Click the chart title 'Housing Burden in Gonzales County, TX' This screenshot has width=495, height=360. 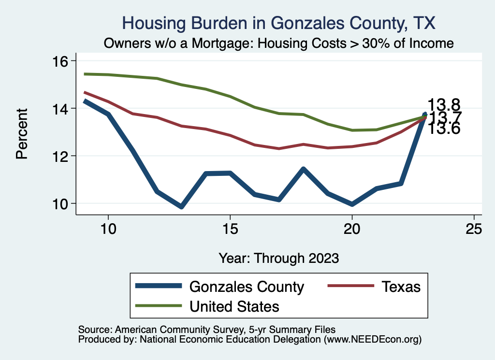click(279, 23)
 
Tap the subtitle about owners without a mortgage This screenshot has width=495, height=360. click(279, 43)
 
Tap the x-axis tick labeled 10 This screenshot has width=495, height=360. click(108, 229)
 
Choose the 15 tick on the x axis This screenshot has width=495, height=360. click(230, 229)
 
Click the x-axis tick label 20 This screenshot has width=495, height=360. click(352, 229)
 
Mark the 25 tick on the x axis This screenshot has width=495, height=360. click(474, 229)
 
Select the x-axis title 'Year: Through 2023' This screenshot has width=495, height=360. click(279, 257)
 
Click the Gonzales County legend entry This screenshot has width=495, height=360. click(247, 287)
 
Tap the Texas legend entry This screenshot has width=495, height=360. click(401, 287)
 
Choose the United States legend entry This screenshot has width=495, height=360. click(234, 306)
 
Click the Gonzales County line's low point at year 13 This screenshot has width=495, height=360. click(181, 206)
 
